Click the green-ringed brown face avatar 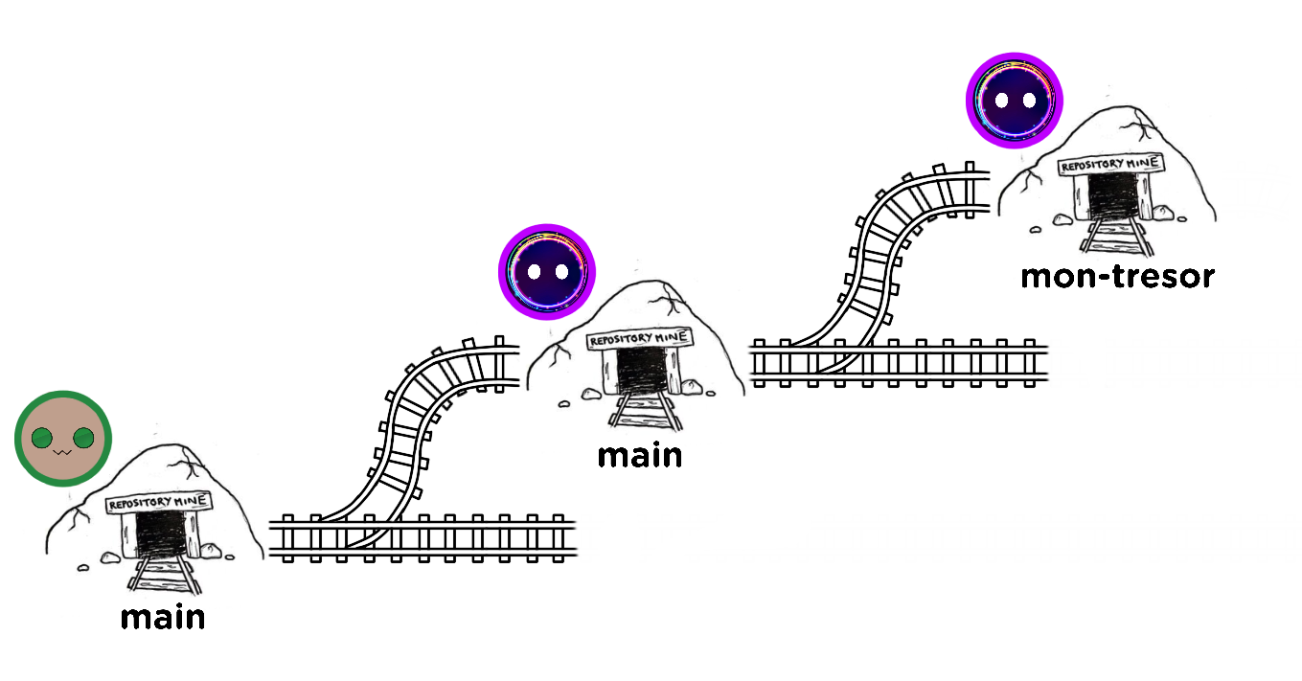click(63, 439)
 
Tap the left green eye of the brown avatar click(41, 439)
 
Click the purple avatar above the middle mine click(546, 272)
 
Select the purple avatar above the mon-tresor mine click(1014, 100)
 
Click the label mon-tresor click(1117, 277)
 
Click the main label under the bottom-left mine click(163, 618)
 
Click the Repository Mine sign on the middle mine click(638, 339)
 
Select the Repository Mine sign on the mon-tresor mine click(1111, 166)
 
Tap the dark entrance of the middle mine click(640, 372)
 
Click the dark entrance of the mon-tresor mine click(1112, 198)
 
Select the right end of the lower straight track click(565, 537)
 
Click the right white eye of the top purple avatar click(1028, 100)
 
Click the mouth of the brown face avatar click(62, 450)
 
